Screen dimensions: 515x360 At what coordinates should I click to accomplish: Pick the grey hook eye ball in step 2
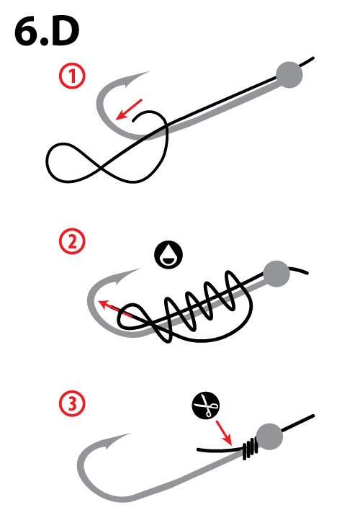pyautogui.click(x=276, y=273)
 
